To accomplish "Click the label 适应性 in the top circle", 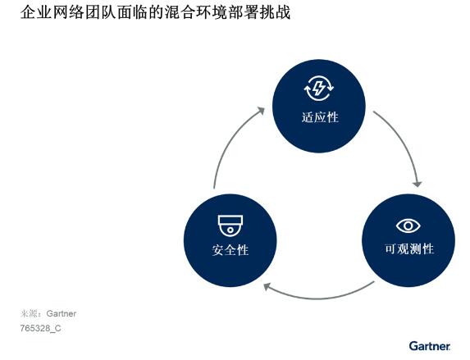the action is tap(320, 117).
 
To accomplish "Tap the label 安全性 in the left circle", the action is tap(230, 250).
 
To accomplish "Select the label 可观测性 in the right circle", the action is tap(409, 248).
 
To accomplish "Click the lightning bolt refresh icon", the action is tap(318, 89).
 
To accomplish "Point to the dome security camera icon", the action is tap(230, 226).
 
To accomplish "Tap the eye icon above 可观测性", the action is tap(408, 226).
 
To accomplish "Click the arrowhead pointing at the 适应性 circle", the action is tap(261, 111).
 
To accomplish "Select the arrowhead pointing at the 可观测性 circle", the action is tap(418, 184).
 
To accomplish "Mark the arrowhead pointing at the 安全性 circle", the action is tap(267, 287).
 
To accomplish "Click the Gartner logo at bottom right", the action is tap(430, 346).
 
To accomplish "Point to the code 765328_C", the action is tap(40, 328).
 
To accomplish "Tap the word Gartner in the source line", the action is tap(62, 313).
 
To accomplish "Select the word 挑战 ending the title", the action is tap(275, 12).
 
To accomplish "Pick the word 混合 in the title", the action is tap(180, 12).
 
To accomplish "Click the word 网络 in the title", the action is tap(68, 12).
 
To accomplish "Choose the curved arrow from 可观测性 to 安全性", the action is tap(319, 298).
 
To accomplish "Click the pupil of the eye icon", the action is tap(408, 226).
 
